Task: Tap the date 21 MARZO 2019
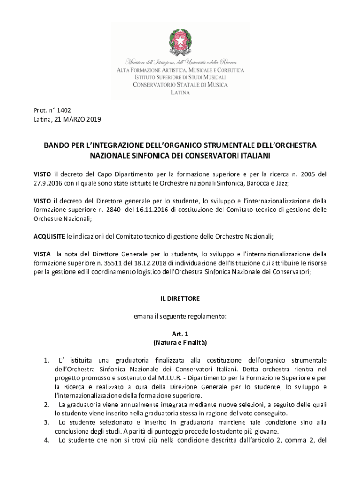(x=78, y=120)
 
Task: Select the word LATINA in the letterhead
(x=180, y=93)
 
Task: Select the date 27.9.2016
(x=48, y=183)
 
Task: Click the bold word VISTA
(x=42, y=254)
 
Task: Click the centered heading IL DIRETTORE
(x=180, y=298)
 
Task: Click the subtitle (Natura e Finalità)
(x=180, y=343)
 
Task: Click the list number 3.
(x=47, y=422)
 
